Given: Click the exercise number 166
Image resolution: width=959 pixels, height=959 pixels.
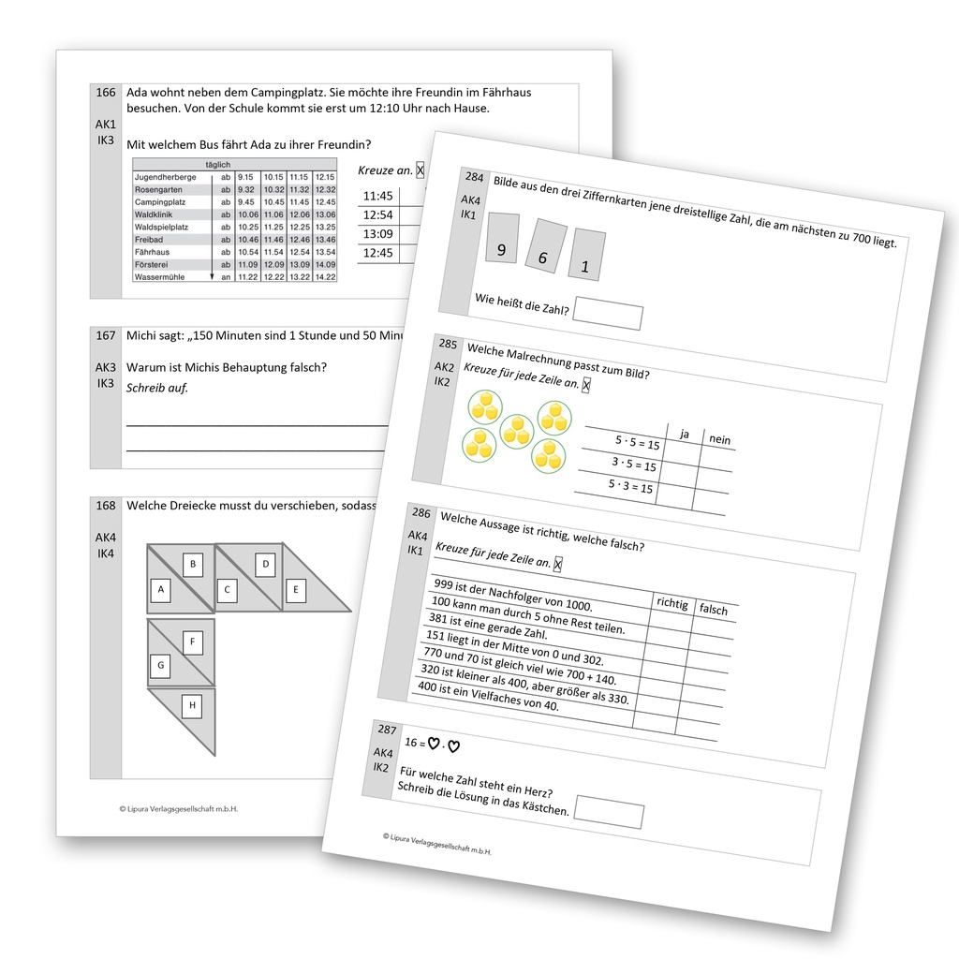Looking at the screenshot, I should (x=106, y=93).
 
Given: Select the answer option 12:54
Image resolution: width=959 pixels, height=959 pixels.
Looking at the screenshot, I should (x=377, y=215).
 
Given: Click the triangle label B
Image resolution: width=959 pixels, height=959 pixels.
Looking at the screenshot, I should (x=193, y=564).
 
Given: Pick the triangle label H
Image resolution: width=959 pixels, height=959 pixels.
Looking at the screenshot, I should (x=192, y=705).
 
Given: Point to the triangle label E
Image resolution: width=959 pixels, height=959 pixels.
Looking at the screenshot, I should (x=296, y=590).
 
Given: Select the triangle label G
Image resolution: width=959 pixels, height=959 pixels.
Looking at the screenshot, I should (x=161, y=667).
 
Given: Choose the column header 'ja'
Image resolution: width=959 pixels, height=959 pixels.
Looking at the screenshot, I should (x=684, y=435).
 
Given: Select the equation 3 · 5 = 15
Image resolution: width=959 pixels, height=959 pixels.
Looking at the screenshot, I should (x=634, y=465).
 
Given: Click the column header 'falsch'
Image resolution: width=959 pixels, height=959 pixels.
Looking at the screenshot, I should (x=714, y=611).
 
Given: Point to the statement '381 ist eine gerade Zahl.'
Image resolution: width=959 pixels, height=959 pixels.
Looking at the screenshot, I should (x=487, y=626).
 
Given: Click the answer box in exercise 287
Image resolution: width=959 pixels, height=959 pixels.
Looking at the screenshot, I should (x=609, y=812).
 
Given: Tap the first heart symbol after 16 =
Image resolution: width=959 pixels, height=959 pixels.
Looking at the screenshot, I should (x=434, y=744).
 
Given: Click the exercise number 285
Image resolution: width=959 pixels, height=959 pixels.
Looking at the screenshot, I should (x=448, y=345).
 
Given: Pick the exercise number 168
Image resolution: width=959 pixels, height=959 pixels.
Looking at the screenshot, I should (x=106, y=506).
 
